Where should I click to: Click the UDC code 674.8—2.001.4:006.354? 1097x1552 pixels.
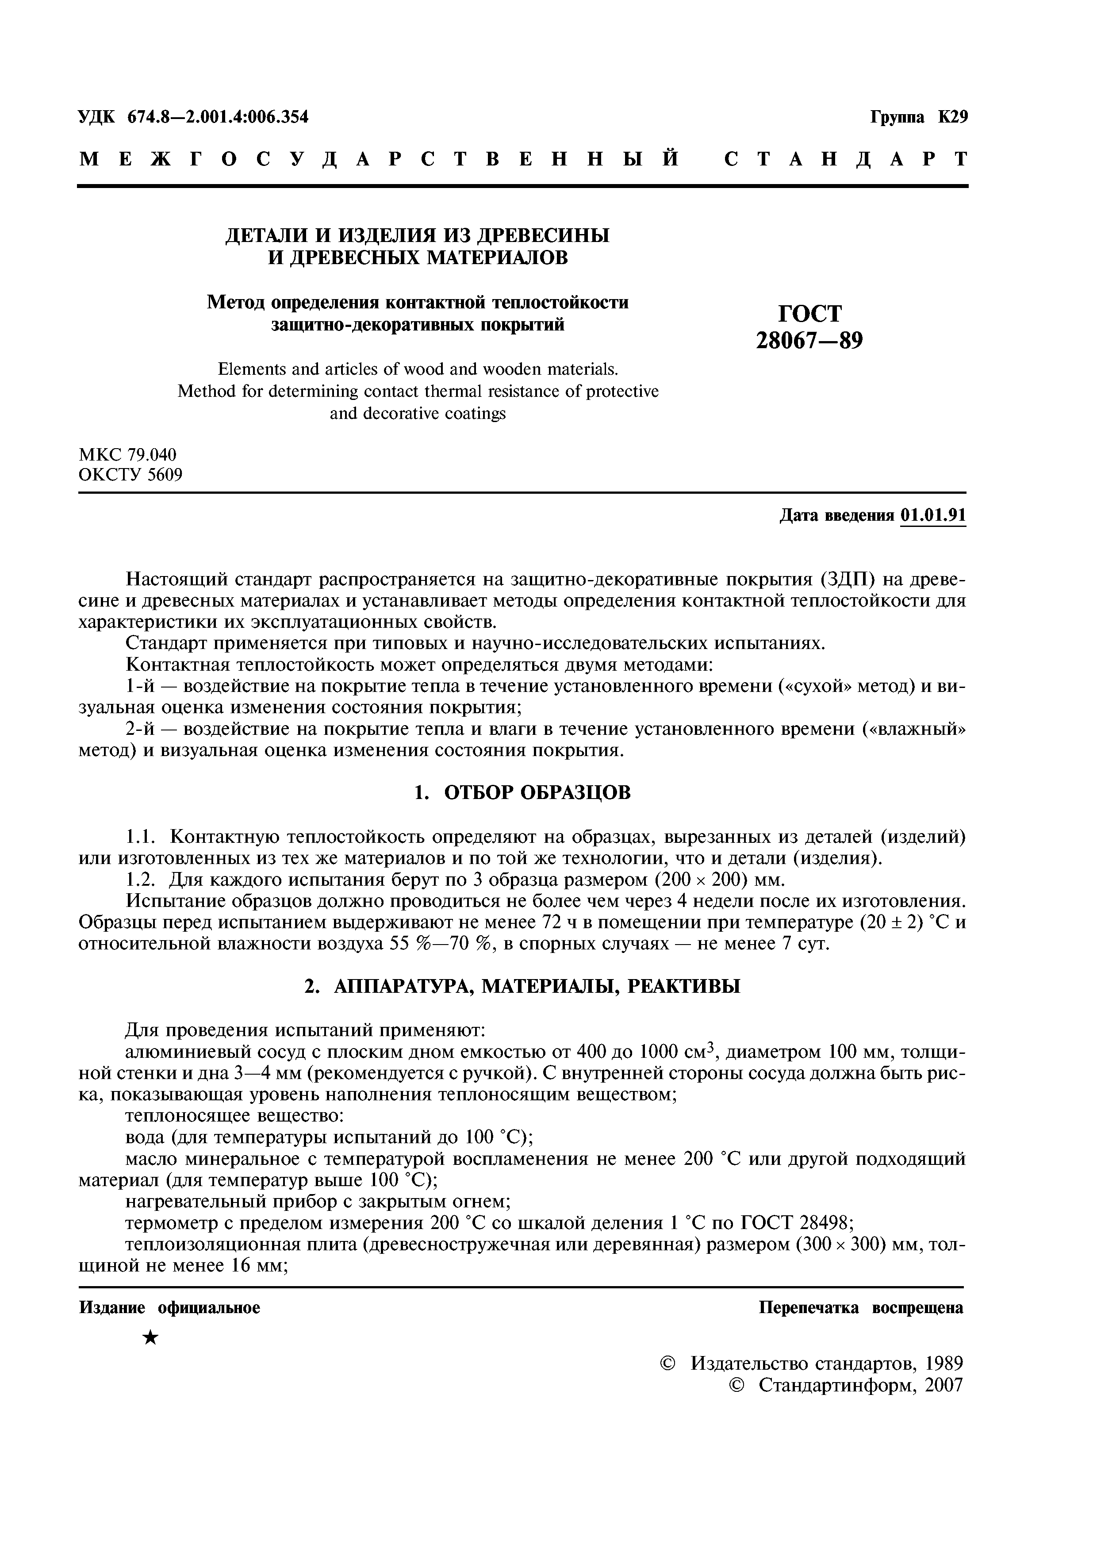pos(218,117)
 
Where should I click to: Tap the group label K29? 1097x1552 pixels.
pos(952,117)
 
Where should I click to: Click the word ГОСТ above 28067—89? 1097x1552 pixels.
pos(810,314)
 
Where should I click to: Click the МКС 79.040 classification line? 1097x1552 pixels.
pos(128,454)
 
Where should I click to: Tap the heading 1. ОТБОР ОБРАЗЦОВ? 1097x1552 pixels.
pos(522,792)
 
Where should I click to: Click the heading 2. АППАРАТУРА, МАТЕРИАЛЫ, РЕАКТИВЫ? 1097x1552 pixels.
pos(522,986)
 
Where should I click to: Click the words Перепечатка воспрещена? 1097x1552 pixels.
pos(860,1308)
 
